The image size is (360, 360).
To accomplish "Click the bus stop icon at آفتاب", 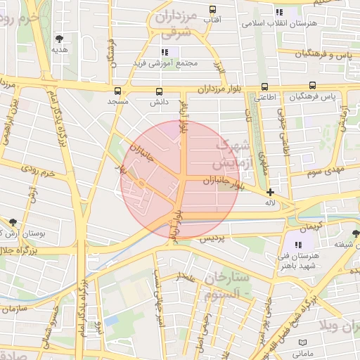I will (x=213, y=10).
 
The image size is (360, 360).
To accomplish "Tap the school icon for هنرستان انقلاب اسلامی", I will (x=279, y=12).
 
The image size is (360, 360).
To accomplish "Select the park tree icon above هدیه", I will (x=58, y=39).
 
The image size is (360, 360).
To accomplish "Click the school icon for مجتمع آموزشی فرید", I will (x=165, y=52).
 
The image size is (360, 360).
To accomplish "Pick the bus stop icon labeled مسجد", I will (x=117, y=91).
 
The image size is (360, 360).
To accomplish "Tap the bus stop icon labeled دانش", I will (x=159, y=91).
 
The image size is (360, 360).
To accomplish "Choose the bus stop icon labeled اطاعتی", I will (x=264, y=87).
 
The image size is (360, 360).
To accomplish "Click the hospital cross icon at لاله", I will (x=270, y=192).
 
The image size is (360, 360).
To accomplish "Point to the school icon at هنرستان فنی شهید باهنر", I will (x=298, y=244).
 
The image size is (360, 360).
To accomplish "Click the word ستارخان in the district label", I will (x=226, y=278).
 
